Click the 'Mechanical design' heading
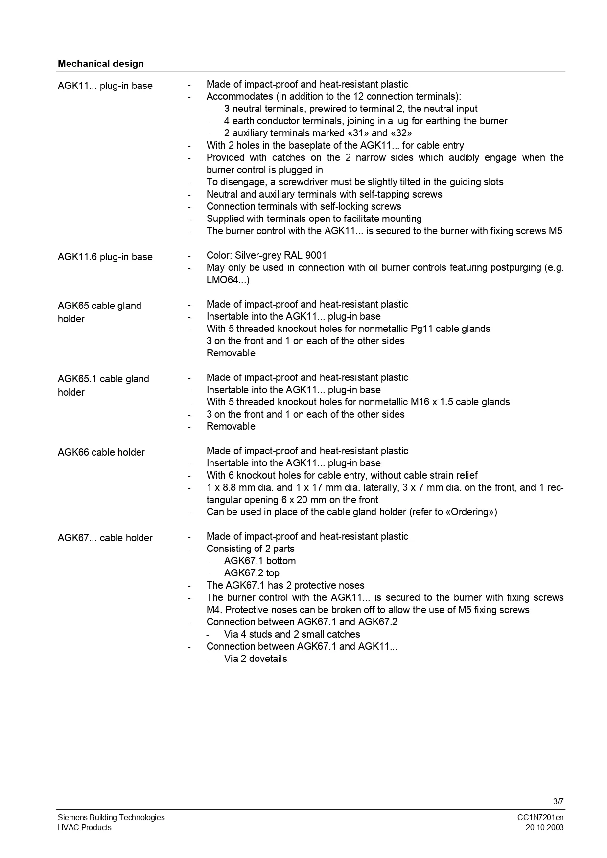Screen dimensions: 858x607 pyautogui.click(x=101, y=64)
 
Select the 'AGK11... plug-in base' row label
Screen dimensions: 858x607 pyautogui.click(x=105, y=86)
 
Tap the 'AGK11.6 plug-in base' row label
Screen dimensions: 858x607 pyautogui.click(x=105, y=257)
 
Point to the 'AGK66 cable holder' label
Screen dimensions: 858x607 pyautogui.click(x=101, y=452)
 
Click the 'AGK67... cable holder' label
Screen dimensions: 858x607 pyautogui.click(x=105, y=538)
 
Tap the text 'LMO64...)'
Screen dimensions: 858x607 pyautogui.click(x=228, y=280)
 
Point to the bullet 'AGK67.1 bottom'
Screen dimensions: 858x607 pyautogui.click(x=260, y=561)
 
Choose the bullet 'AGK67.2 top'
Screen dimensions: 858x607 pyautogui.click(x=252, y=573)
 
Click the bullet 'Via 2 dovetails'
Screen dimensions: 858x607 pyautogui.click(x=256, y=659)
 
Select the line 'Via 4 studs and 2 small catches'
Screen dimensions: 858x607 pyautogui.click(x=292, y=634)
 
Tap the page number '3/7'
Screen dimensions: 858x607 pyautogui.click(x=558, y=801)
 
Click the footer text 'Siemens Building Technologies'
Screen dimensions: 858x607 pyautogui.click(x=111, y=817)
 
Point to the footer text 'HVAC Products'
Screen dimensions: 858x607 pyautogui.click(x=85, y=827)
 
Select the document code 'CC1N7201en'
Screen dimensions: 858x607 pyautogui.click(x=540, y=817)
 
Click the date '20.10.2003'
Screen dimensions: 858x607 pyautogui.click(x=544, y=827)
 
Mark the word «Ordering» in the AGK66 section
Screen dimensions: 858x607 pyautogui.click(x=470, y=512)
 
